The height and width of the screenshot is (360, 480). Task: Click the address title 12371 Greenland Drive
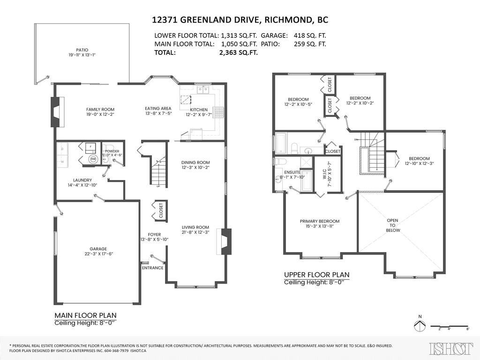tap(240, 20)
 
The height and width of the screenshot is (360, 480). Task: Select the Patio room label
tap(82, 50)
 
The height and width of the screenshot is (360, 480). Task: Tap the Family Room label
tap(100, 109)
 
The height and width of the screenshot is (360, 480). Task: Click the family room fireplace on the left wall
tap(56, 112)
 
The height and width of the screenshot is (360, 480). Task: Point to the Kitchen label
tap(199, 109)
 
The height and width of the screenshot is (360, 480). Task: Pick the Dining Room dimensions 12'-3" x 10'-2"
tap(195, 168)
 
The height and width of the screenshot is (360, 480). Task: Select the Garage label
tap(98, 249)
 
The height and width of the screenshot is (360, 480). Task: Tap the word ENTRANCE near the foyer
tap(152, 268)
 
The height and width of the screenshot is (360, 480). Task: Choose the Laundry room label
tap(82, 180)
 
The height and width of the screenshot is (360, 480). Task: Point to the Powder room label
tap(112, 151)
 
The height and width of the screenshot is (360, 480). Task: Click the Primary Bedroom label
tap(320, 221)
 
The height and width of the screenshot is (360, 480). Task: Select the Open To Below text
tap(393, 225)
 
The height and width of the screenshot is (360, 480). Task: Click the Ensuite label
tap(292, 172)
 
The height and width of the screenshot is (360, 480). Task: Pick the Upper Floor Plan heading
tap(316, 275)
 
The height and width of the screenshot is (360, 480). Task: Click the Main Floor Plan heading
tap(85, 315)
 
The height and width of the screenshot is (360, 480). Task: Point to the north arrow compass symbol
tap(420, 325)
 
